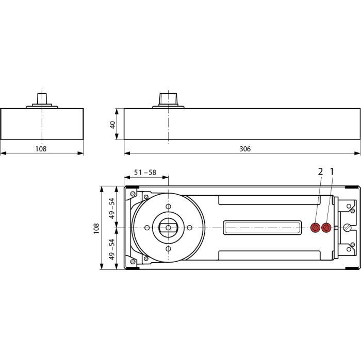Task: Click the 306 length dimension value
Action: (245, 149)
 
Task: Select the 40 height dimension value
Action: (112, 125)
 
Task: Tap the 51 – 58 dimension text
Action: (145, 172)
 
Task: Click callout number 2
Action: (320, 172)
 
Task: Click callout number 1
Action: (332, 172)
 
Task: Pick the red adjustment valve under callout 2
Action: (316, 228)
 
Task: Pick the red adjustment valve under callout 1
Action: (326, 228)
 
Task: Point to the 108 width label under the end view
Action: (41, 149)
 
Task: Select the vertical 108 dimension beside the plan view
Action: (96, 228)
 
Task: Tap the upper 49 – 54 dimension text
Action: (112, 208)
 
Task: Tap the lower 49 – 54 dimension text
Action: (112, 249)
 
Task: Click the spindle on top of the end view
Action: (42, 99)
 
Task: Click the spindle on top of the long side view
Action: (168, 99)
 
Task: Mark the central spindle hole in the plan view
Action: (168, 228)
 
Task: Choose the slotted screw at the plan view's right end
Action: (347, 228)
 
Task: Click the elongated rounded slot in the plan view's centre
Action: (262, 228)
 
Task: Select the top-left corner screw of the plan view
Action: (133, 194)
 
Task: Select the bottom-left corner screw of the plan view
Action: (133, 262)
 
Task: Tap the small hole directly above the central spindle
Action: (168, 207)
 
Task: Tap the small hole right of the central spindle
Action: (189, 228)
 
